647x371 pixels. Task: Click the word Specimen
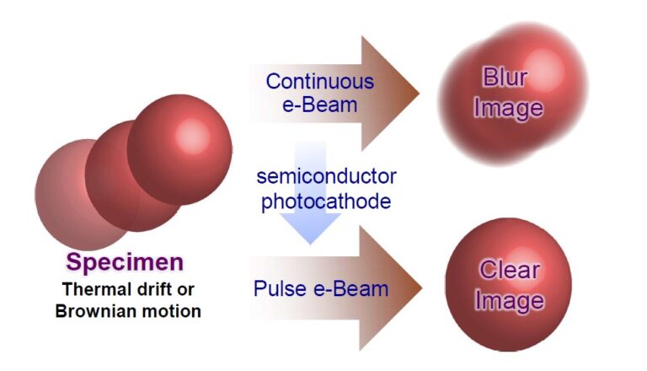[125, 262]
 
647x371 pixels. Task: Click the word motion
[175, 310]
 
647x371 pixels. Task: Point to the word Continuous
[319, 82]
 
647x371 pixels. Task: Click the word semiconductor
[327, 177]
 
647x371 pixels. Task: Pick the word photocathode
[326, 202]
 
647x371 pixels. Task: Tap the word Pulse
[276, 289]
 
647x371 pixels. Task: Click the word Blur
[505, 78]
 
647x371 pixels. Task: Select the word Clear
[509, 271]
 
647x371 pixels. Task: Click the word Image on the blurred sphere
[508, 108]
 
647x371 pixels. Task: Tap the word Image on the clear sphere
[509, 300]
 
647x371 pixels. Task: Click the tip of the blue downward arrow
[310, 243]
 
